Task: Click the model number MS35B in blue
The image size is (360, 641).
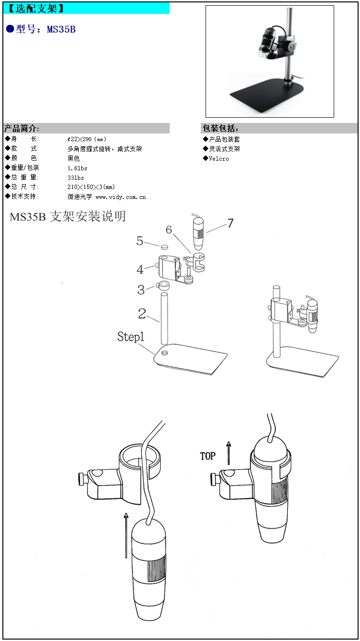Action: tap(61, 30)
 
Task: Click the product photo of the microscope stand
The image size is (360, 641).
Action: tap(270, 61)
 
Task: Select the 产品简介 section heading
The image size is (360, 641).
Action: tap(22, 128)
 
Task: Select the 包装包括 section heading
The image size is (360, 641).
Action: tap(220, 128)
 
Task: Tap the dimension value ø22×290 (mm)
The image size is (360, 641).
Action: tap(87, 139)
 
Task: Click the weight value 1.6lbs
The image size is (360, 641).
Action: tap(77, 168)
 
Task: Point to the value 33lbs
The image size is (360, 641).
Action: tap(76, 178)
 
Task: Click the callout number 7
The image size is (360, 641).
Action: tap(230, 223)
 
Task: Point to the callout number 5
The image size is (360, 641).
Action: tap(140, 241)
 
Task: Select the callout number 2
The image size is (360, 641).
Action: tap(142, 313)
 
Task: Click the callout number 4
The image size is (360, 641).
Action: tap(140, 269)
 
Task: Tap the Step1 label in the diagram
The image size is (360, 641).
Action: tap(131, 337)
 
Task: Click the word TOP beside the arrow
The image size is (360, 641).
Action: tap(208, 456)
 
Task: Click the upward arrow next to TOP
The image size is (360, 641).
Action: tap(229, 453)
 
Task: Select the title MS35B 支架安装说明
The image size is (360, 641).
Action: tap(68, 217)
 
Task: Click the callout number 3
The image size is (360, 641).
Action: tap(141, 289)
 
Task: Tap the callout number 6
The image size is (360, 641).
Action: tap(169, 230)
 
